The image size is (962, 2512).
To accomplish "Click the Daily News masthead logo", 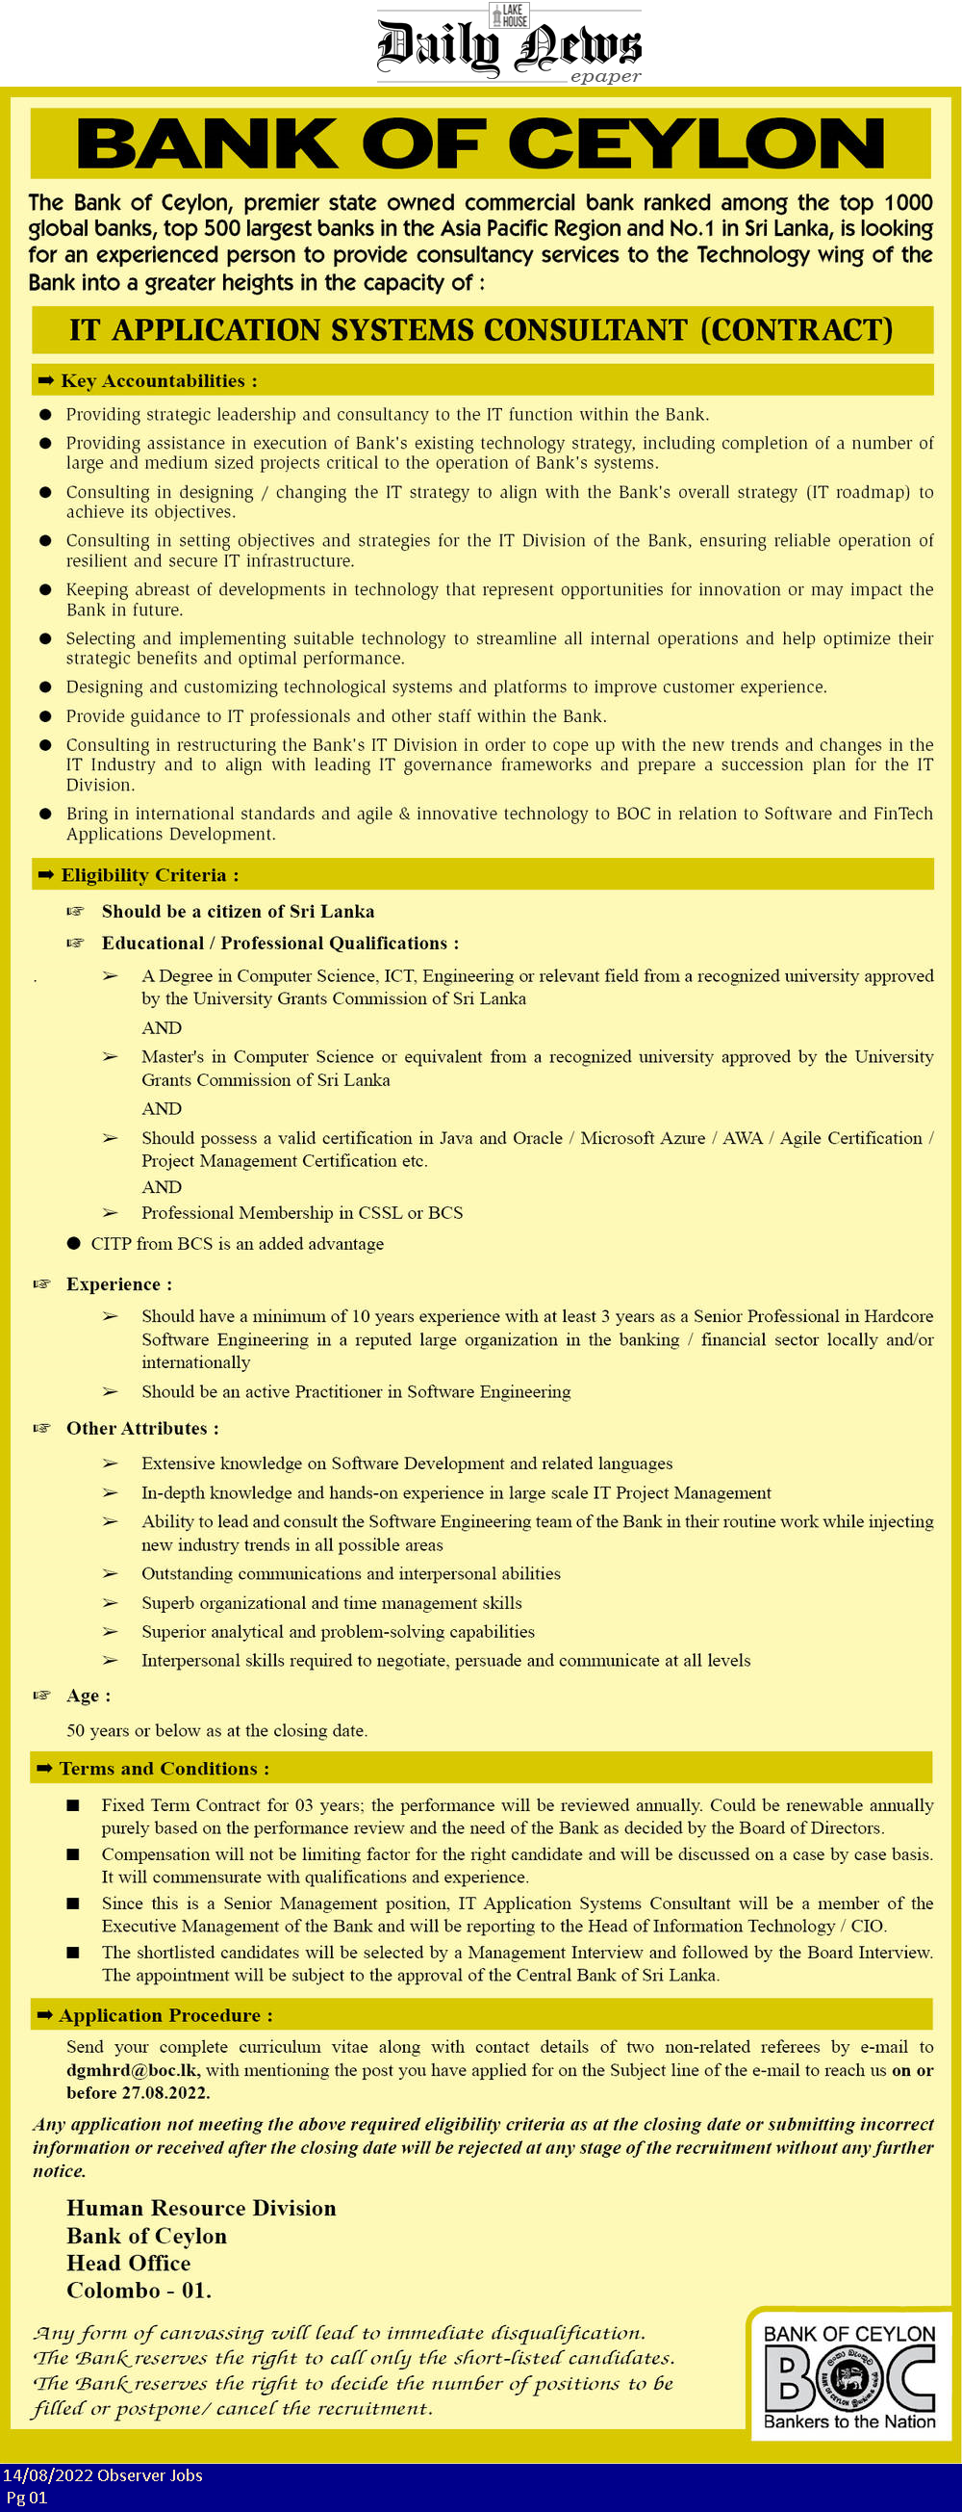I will [x=509, y=45].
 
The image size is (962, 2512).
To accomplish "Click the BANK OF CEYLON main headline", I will [x=480, y=144].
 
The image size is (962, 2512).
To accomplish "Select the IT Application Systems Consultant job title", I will [x=480, y=329].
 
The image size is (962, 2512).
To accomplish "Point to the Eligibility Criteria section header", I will [x=149, y=874].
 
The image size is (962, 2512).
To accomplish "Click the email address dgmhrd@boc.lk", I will [x=133, y=2069].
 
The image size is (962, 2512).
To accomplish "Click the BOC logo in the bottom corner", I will [x=848, y=2376].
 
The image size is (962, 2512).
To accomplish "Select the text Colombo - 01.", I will [x=139, y=2291].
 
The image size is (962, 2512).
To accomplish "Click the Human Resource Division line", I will [x=201, y=2209].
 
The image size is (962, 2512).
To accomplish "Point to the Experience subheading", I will [x=119, y=1284].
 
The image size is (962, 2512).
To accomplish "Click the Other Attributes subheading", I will [x=142, y=1429].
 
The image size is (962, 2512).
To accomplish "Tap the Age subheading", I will [x=88, y=1696].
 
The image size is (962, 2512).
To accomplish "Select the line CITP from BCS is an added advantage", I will [x=237, y=1243].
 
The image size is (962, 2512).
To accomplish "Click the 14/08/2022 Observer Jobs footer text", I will [x=102, y=2475].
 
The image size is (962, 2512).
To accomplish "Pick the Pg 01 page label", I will [x=26, y=2498].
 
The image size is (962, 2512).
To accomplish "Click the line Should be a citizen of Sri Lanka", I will [x=238, y=911].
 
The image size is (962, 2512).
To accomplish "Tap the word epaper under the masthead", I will [x=605, y=76].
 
